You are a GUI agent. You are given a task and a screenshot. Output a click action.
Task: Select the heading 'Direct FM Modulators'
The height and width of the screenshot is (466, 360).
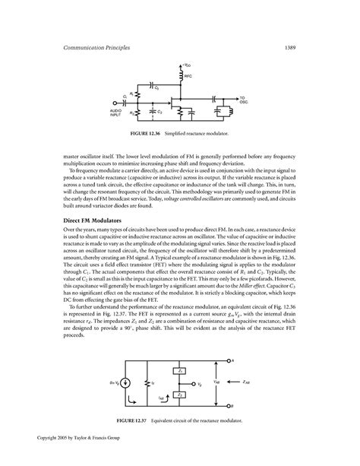(x=94, y=219)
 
